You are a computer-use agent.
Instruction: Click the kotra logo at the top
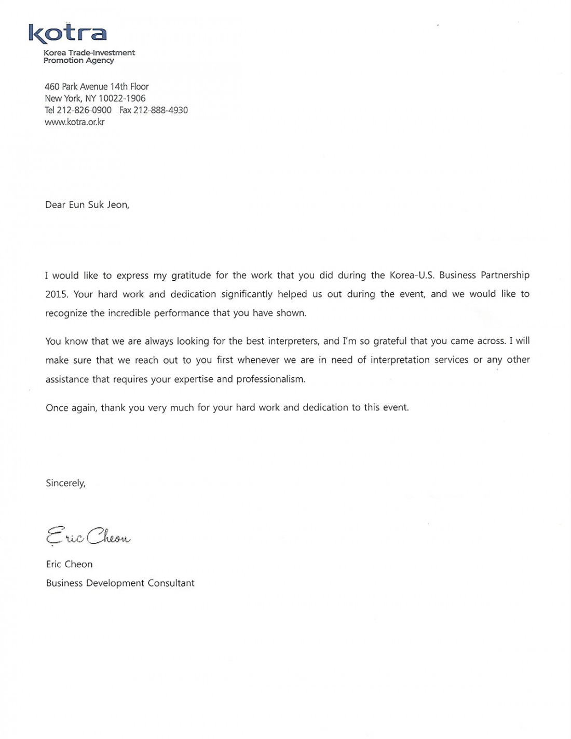[67, 33]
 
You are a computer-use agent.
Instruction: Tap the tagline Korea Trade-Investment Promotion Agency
[89, 57]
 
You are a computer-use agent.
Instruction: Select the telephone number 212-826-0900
[84, 111]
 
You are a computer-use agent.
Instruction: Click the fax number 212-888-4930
[160, 111]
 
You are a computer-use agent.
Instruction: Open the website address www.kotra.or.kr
[75, 122]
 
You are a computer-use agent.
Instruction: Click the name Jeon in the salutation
[118, 205]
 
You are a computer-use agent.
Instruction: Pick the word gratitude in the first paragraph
[191, 276]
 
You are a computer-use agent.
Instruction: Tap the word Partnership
[505, 275]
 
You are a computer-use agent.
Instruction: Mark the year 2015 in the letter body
[57, 294]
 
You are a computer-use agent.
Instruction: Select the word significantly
[247, 294]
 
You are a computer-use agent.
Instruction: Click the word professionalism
[270, 379]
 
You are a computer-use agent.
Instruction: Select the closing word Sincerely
[65, 483]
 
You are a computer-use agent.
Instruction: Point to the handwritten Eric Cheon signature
[88, 536]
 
